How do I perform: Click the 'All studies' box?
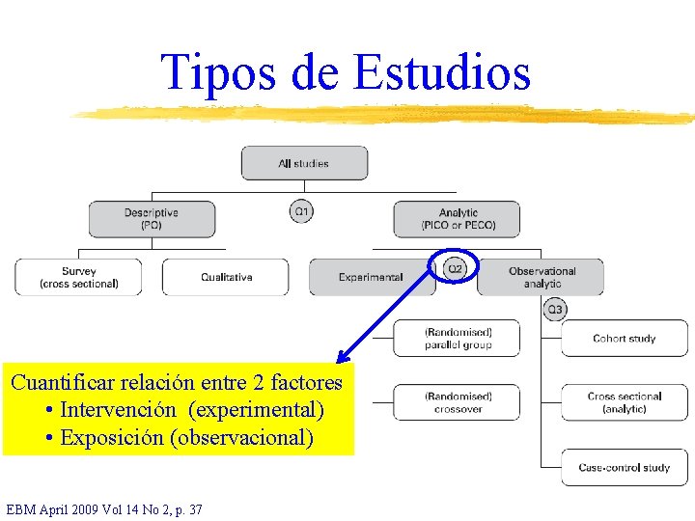[304, 163]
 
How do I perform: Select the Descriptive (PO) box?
[152, 219]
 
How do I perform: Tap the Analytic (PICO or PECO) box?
[457, 219]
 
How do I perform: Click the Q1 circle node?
[302, 210]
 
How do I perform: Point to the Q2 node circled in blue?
[455, 267]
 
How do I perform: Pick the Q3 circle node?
[555, 309]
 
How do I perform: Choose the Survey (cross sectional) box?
[78, 277]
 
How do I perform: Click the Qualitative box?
[226, 277]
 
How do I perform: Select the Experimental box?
[371, 277]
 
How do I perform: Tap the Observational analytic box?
[541, 277]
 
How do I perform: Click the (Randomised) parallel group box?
[457, 339]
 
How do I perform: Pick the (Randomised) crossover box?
[457, 402]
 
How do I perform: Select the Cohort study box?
[625, 339]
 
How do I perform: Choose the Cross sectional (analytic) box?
[625, 402]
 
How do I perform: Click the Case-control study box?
[625, 468]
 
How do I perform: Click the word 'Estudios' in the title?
[443, 72]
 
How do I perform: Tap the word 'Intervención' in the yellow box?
[118, 410]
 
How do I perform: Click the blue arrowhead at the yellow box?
[342, 357]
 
